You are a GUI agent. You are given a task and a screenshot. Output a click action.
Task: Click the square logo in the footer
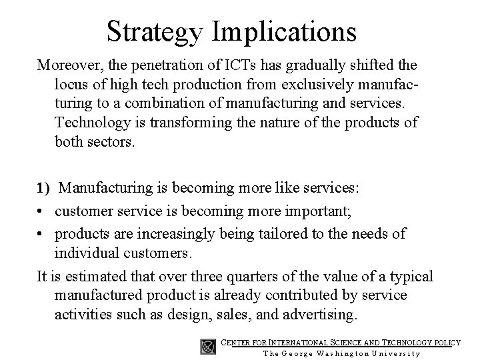point(208,346)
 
